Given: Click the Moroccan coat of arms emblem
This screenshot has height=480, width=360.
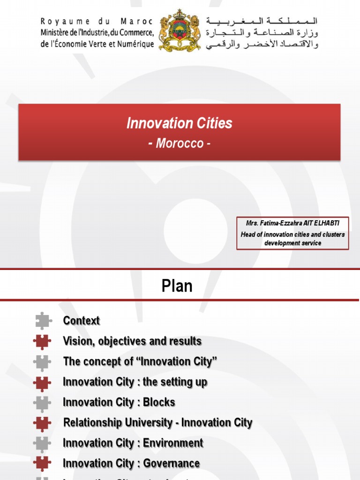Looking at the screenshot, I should point(180,30).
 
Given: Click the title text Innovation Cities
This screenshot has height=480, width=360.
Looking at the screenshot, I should point(180,123).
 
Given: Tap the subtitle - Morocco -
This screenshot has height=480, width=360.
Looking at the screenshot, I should point(180,143).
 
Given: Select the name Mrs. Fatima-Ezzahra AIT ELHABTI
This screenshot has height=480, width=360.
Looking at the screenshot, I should point(292,223).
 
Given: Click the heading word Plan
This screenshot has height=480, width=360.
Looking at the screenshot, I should point(177,285).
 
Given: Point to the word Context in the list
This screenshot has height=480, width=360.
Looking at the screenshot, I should point(82,321).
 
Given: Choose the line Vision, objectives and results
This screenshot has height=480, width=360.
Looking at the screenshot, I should point(132,341).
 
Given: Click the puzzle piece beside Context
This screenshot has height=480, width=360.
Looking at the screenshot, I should point(43,321).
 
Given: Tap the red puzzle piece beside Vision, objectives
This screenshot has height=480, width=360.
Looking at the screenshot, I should point(43,342).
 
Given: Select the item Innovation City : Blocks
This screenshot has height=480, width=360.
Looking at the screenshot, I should point(119,402).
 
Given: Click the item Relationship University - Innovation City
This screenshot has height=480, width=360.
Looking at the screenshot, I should point(157,423).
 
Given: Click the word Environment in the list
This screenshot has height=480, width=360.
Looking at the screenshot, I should point(173,443).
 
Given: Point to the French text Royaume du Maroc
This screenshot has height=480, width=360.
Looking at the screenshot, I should point(97,21).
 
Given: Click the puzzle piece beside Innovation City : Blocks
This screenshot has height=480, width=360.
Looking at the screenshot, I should point(43,403).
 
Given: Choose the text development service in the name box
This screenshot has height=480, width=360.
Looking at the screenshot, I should point(292,243).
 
